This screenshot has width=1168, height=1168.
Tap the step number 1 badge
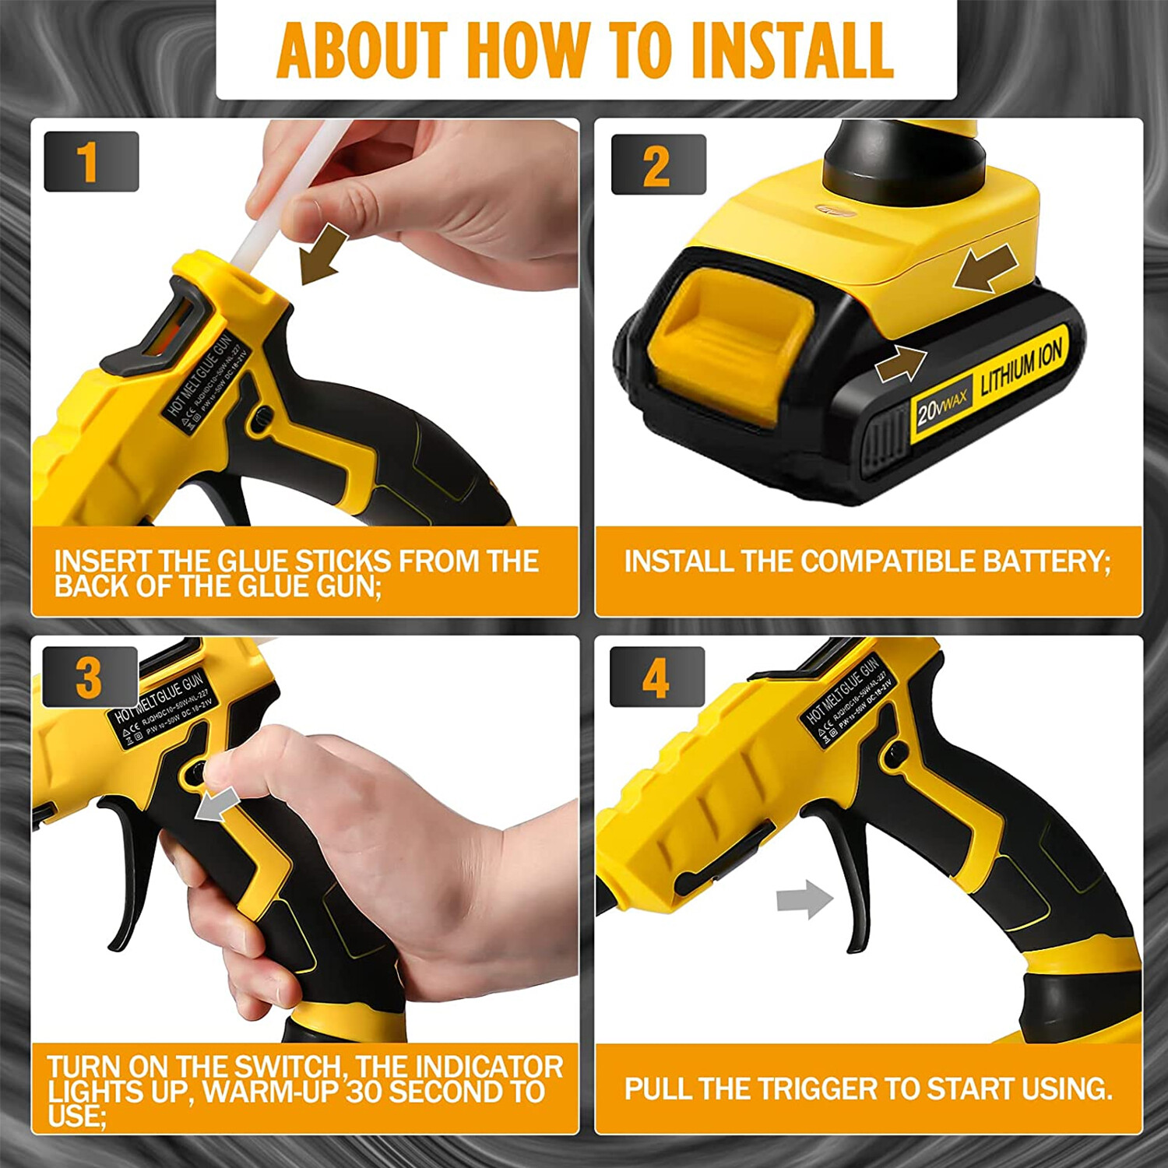(x=91, y=162)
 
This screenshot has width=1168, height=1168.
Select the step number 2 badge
(x=658, y=165)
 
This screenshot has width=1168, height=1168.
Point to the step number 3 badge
(x=90, y=677)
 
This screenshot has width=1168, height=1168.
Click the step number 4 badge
(x=656, y=677)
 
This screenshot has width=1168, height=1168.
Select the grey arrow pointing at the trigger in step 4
(x=804, y=899)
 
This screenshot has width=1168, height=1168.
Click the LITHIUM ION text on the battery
(x=1021, y=368)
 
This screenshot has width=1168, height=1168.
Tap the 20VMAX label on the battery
(x=941, y=407)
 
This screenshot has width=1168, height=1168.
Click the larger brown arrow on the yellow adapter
(x=986, y=269)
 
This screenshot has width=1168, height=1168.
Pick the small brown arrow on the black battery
(x=901, y=364)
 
